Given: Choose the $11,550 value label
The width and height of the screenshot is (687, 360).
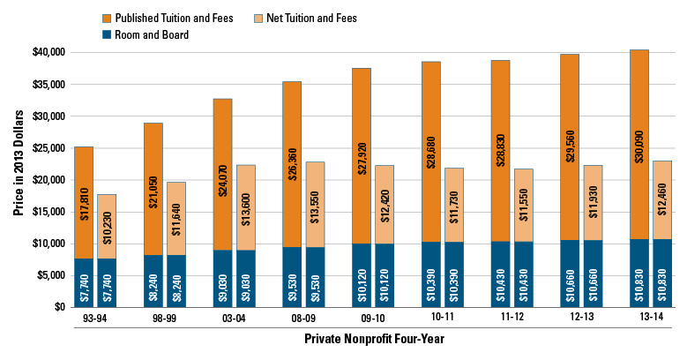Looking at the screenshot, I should (x=525, y=205).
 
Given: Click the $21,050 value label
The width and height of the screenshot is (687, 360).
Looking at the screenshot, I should (x=153, y=189).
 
